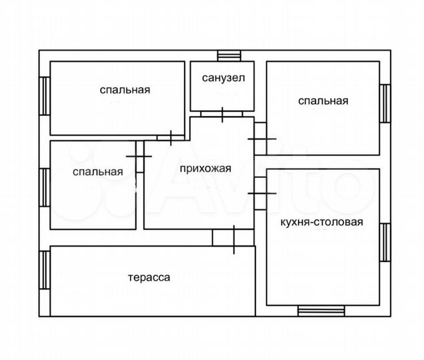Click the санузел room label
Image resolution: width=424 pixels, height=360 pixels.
coord(223,78)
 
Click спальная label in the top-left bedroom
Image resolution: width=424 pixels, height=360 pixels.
coord(125,89)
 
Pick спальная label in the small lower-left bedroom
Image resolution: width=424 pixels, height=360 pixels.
coord(98,172)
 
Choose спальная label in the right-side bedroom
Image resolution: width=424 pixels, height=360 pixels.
coord(323,101)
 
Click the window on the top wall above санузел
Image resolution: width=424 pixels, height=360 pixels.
coord(229,55)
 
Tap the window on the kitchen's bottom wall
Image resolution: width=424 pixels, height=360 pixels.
coord(321,310)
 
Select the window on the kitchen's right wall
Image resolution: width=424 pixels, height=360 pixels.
coord(385,243)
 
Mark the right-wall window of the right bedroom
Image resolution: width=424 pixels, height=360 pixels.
coord(385,103)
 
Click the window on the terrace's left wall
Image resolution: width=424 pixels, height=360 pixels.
coord(45,270)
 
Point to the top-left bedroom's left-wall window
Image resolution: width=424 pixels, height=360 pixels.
coord(45,96)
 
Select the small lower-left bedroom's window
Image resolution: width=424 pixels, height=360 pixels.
coord(45,187)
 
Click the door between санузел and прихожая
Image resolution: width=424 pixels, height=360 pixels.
coord(222,114)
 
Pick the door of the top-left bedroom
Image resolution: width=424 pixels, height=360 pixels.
coord(171,138)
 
